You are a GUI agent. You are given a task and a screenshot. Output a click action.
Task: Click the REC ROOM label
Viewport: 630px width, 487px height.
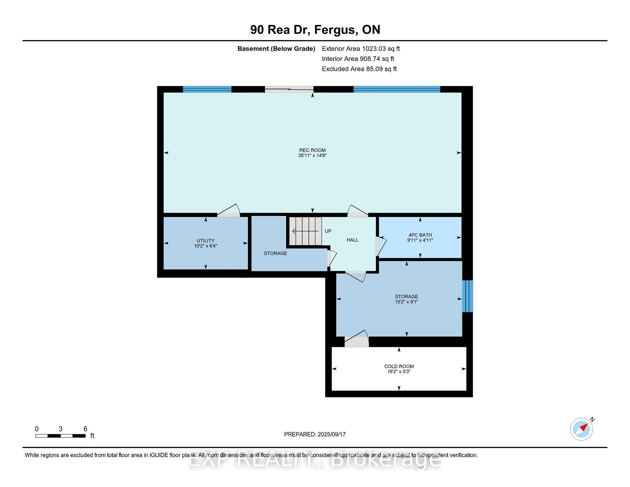[x=312, y=150]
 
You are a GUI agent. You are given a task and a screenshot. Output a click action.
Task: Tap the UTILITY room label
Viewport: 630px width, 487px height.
[x=205, y=241]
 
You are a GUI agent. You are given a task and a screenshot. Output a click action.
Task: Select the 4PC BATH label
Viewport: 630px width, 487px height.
[x=420, y=235]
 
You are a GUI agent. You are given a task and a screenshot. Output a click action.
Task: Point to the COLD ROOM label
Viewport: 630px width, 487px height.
[x=399, y=366]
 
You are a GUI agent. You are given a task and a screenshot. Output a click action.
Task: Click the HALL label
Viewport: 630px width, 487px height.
[x=352, y=240]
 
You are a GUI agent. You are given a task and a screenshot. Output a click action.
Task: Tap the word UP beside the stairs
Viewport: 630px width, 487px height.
[x=328, y=231]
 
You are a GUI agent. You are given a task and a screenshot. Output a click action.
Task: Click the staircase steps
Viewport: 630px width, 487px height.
[x=306, y=231]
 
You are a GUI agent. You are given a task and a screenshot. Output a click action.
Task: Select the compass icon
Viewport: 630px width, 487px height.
[x=582, y=429]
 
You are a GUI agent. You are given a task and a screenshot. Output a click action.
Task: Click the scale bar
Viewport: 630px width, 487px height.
[x=61, y=436]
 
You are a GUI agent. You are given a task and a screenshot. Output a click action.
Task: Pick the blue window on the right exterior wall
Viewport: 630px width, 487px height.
[x=468, y=296]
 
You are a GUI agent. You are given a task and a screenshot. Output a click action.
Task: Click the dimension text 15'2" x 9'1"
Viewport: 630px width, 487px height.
[x=407, y=302]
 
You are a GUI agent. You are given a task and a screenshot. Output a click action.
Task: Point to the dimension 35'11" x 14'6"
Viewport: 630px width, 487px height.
[x=312, y=156]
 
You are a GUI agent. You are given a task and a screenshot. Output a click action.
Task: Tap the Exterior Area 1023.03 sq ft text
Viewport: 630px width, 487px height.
[x=361, y=49]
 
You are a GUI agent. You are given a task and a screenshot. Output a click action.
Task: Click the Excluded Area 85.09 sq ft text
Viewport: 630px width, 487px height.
[x=359, y=69]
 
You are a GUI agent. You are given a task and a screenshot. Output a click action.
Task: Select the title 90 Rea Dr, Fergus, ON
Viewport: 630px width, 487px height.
[x=315, y=30]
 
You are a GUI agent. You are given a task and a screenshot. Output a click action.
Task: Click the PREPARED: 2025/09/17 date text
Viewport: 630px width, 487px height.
[x=315, y=434]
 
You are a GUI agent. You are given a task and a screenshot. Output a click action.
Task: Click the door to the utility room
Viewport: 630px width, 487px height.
[x=229, y=211]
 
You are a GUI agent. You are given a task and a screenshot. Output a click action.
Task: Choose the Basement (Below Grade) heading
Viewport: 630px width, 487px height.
[x=276, y=49]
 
